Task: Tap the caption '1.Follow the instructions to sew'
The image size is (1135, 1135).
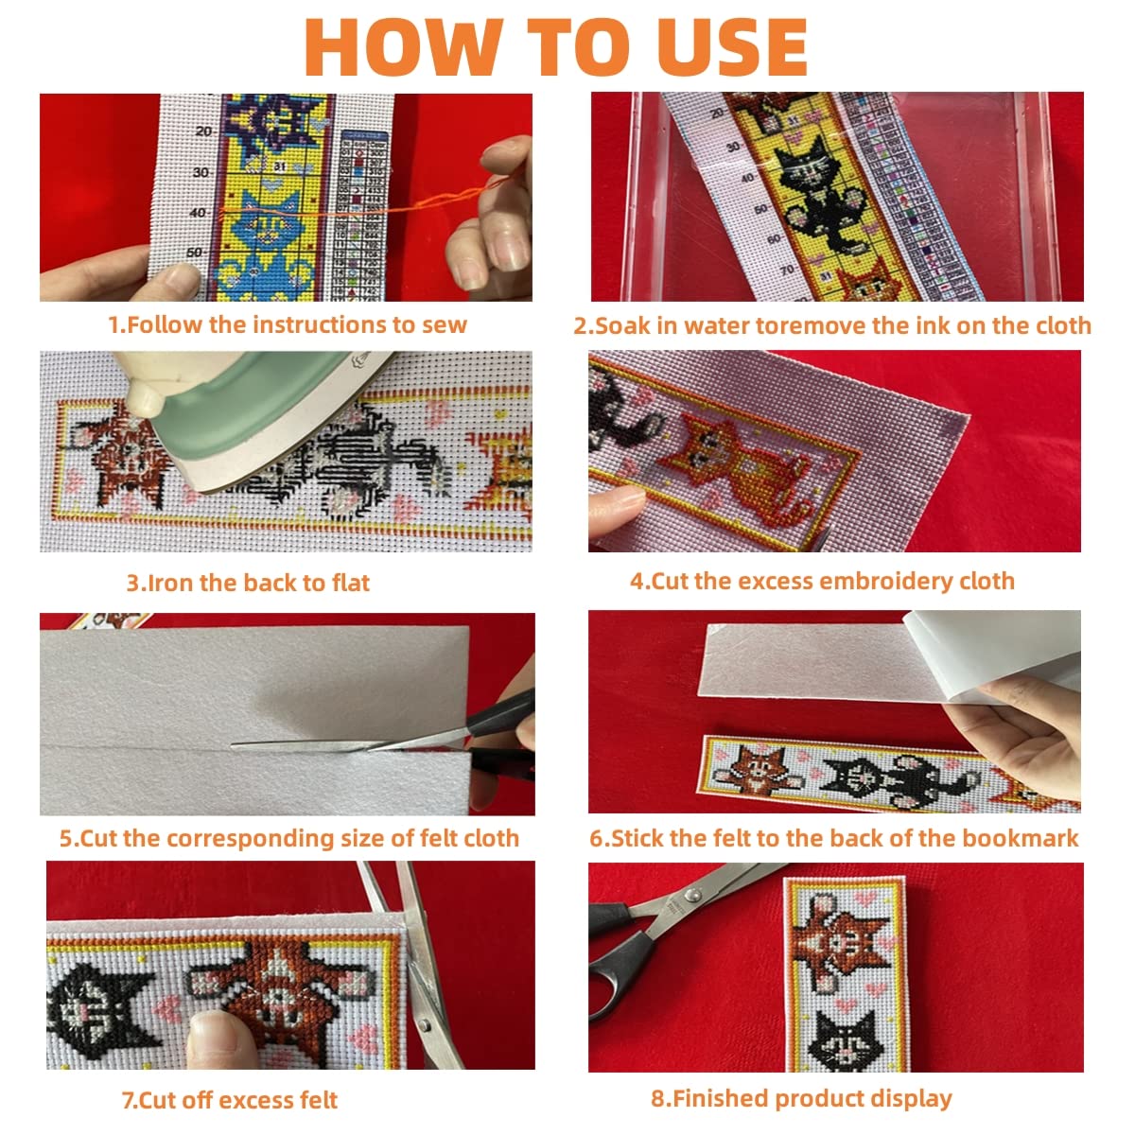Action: click(x=288, y=324)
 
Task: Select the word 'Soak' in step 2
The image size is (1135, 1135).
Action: click(x=622, y=325)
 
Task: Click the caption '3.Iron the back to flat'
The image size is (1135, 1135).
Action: click(x=248, y=583)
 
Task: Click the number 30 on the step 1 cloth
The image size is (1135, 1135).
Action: click(x=201, y=172)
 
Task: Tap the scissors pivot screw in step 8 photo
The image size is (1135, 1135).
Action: click(x=694, y=896)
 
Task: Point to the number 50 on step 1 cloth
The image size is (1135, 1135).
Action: click(x=195, y=253)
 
